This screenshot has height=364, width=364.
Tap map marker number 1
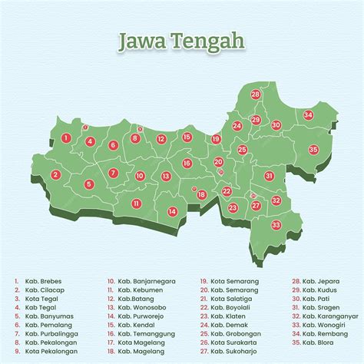point(67,138)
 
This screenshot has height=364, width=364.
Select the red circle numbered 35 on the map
point(313,149)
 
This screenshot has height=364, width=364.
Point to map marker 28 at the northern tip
point(255,94)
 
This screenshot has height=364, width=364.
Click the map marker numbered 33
point(276,225)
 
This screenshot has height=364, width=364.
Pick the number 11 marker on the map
point(136,204)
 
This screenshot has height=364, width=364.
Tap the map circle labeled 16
point(187,163)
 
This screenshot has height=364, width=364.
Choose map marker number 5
point(89,184)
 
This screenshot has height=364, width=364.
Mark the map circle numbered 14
point(173,211)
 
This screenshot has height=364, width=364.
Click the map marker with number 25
point(242,150)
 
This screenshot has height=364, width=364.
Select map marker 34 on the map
point(308,115)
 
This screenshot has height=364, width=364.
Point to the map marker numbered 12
point(161,139)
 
